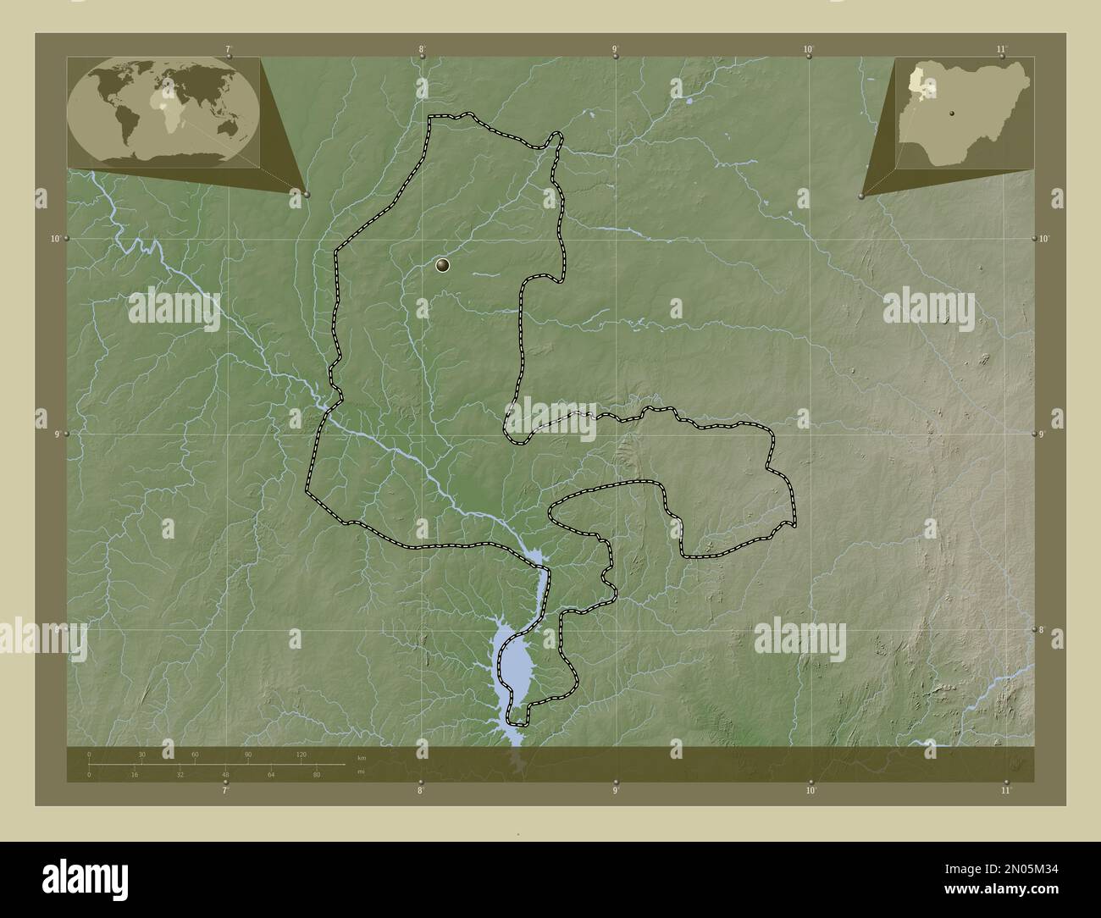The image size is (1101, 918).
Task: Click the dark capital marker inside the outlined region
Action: point(442,266)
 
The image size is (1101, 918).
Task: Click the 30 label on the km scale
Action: point(142,754)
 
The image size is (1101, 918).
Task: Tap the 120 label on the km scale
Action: point(301,754)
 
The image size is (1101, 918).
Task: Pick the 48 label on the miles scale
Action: point(225,774)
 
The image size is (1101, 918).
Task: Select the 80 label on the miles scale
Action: point(316,774)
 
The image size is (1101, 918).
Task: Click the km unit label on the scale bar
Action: point(362,757)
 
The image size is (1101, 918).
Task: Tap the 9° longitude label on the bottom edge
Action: point(616,791)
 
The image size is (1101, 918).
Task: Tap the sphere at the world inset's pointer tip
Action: point(307,194)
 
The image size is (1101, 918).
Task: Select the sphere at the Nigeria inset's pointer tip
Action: point(862,195)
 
